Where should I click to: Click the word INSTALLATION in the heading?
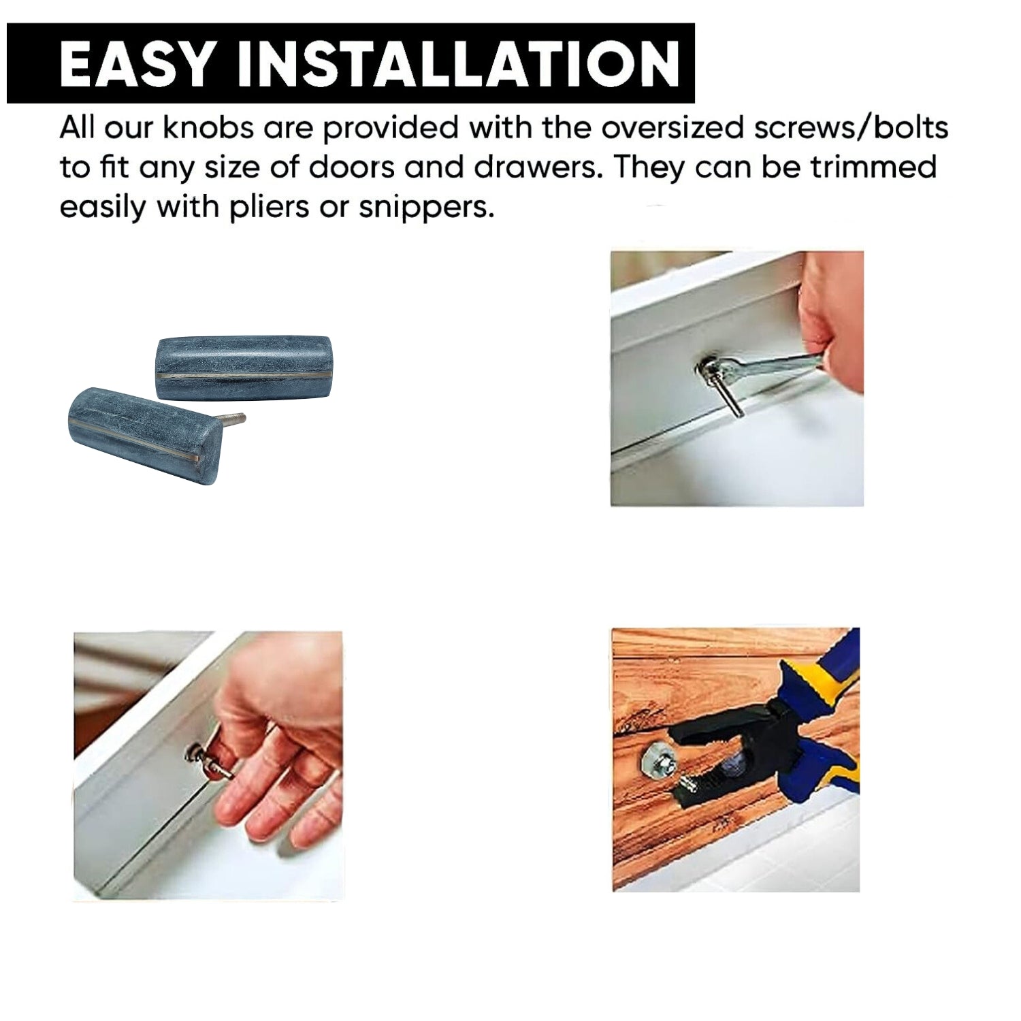[x=457, y=63]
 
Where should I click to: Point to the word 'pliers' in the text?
[x=269, y=208]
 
